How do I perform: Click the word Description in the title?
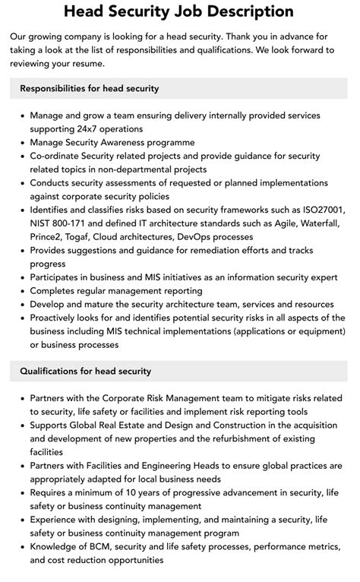pos(248,11)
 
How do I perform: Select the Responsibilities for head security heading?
pos(90,88)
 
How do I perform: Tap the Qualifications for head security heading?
pos(86,371)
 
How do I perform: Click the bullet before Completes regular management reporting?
pos(21,291)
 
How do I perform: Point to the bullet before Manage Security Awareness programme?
pos(21,143)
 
